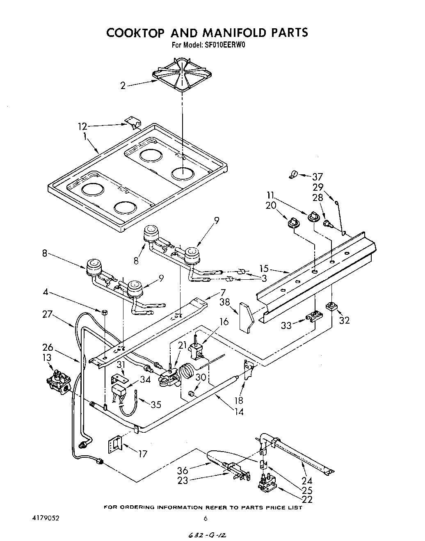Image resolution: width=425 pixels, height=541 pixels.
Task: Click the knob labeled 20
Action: (x=293, y=222)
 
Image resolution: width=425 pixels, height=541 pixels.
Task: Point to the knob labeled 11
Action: (x=313, y=216)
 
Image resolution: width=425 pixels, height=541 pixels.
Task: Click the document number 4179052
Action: (x=46, y=518)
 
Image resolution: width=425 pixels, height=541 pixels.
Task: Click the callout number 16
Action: (x=224, y=322)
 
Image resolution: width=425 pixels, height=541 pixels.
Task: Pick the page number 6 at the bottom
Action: (x=205, y=518)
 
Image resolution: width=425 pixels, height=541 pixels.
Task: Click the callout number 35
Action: (x=156, y=405)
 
